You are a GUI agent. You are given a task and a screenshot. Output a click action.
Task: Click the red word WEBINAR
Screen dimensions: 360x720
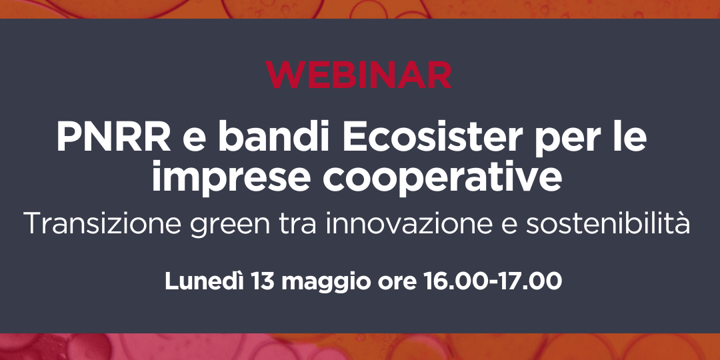click(x=359, y=75)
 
